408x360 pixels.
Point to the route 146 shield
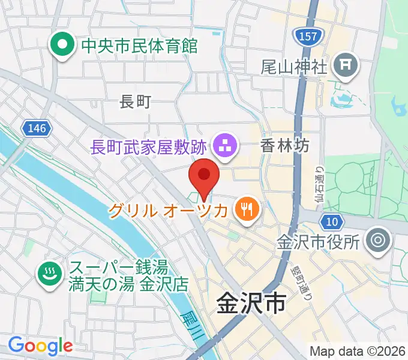(x=37, y=128)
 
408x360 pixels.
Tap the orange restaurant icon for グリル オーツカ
(x=247, y=209)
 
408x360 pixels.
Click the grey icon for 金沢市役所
(x=379, y=241)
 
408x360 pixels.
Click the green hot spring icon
(x=48, y=274)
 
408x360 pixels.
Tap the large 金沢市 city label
(x=250, y=304)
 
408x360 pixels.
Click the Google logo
(x=40, y=346)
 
